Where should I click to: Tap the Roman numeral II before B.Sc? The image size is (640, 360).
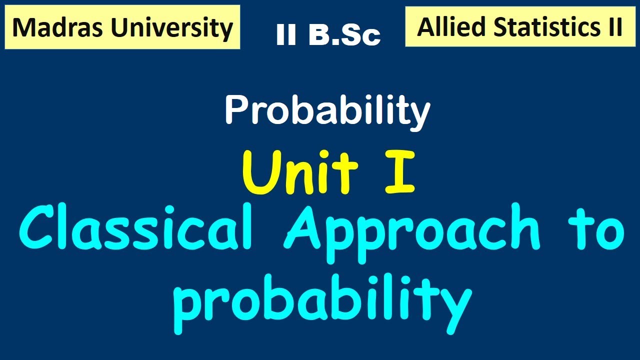click(286, 35)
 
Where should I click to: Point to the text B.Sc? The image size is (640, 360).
click(344, 35)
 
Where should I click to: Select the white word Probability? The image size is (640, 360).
click(327, 111)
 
